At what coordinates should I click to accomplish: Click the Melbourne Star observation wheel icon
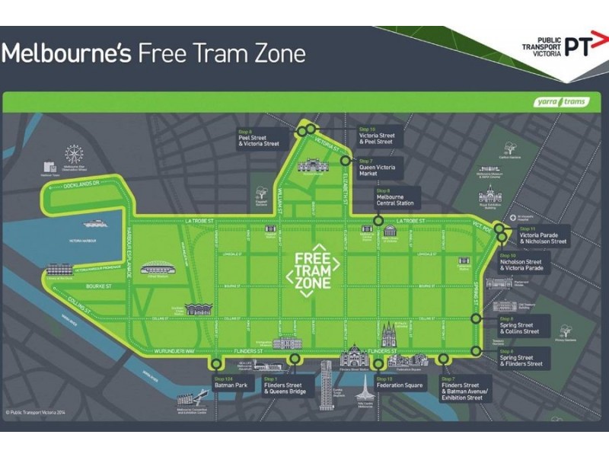click(73, 155)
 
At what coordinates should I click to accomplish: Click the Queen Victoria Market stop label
click(379, 169)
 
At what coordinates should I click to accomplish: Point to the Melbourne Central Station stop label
click(395, 199)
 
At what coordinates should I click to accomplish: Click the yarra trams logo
click(562, 102)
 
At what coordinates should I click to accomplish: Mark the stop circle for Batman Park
click(218, 364)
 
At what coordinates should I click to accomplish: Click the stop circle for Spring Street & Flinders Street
click(476, 351)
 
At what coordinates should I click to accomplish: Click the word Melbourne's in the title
click(65, 53)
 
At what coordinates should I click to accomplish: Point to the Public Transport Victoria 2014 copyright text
click(36, 412)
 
